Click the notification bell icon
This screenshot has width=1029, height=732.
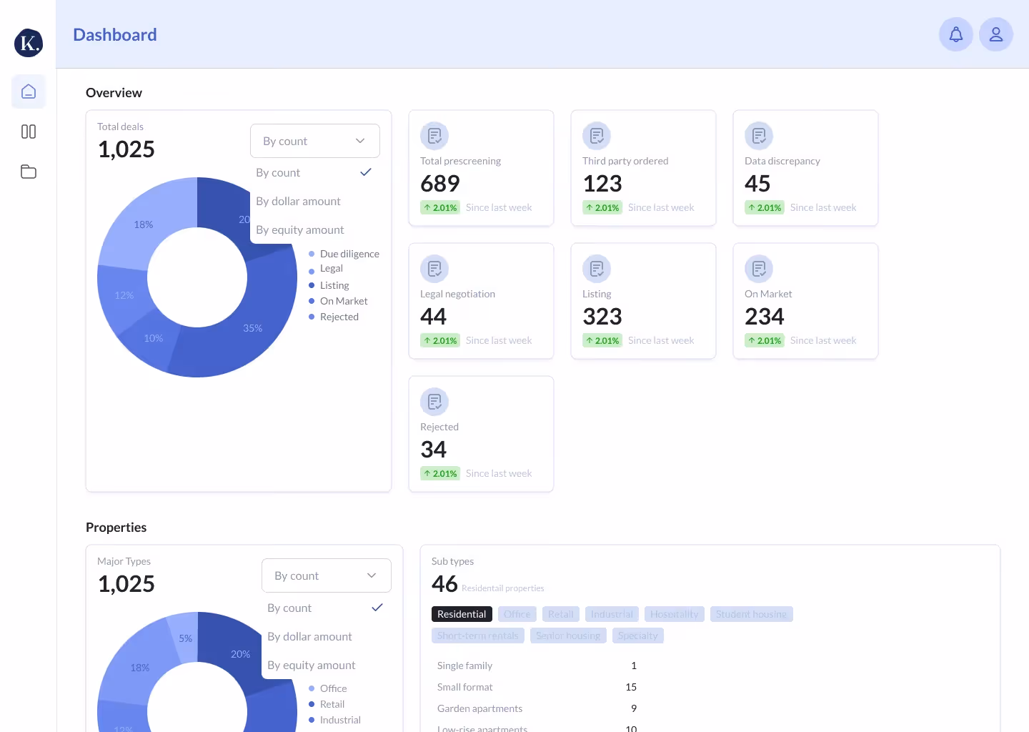955,34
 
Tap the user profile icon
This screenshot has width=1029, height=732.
995,34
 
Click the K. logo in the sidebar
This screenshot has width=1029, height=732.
29,43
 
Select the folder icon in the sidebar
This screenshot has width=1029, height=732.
29,172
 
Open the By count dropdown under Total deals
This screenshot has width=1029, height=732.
314,141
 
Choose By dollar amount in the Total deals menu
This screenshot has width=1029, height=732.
299,202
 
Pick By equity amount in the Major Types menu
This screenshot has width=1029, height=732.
312,666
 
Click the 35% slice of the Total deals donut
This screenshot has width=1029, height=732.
253,328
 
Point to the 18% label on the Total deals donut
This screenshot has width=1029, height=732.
144,224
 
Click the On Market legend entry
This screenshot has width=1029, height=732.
344,301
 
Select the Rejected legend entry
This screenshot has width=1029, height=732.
339,317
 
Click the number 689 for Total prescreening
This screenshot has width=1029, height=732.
440,184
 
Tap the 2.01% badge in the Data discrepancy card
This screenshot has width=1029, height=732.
765,207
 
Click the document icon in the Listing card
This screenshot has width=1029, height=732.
597,269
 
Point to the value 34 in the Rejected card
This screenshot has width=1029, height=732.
434,450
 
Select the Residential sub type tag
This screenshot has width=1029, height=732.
462,614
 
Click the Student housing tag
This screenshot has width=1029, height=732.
751,614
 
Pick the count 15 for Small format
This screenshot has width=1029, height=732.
631,687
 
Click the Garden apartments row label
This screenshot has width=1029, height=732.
479,708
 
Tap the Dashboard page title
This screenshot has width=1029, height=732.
115,35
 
